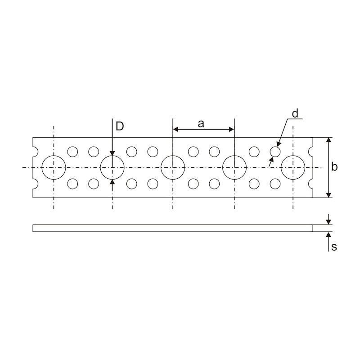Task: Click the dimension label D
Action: click(120, 126)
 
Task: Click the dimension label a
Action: click(201, 124)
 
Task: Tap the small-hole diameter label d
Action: click(295, 113)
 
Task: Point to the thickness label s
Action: click(334, 247)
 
